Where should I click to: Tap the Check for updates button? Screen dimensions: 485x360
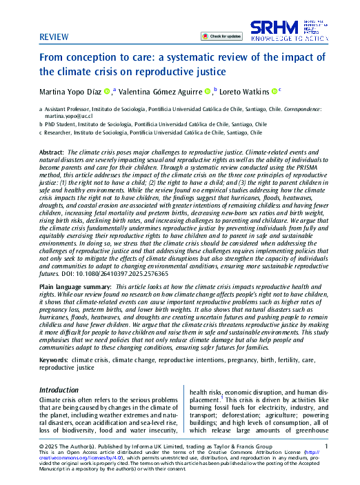[222, 35]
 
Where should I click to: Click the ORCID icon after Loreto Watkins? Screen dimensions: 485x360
[274, 90]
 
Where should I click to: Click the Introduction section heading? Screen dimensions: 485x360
[59, 390]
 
